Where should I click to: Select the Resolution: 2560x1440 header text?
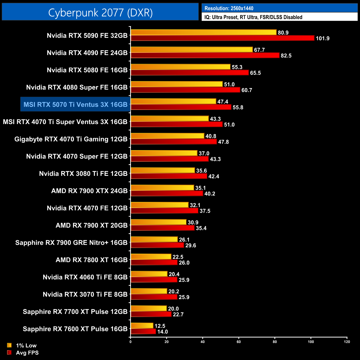coord(229,8)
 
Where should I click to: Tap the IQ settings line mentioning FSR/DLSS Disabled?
coord(253,17)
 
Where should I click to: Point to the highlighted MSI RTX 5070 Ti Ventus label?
coord(75,104)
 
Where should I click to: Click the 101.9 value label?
coord(323,38)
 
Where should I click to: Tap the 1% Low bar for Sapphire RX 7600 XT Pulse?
coord(142,326)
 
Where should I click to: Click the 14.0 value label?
coord(163,332)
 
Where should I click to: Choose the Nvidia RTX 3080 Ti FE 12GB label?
coord(83,174)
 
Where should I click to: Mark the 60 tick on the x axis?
coord(239,342)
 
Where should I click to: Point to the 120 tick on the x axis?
coord(347,342)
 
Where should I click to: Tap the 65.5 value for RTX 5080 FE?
coord(255,73)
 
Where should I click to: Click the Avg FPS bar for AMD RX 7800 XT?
coord(154,262)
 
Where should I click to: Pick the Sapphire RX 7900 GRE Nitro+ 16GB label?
coord(71,243)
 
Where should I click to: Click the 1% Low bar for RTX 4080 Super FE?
coord(177,84)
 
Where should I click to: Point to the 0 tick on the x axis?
coord(130,342)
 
